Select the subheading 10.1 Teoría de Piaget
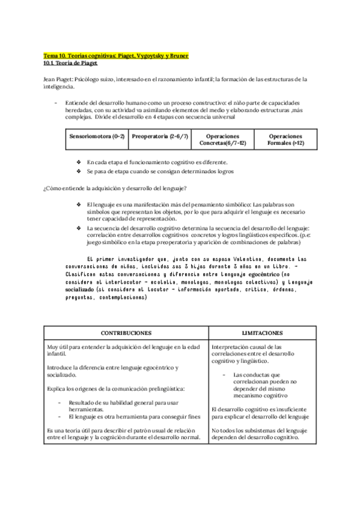point(71,63)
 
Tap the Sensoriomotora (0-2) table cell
point(96,137)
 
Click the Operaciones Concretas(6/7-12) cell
point(222,140)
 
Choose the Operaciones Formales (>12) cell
point(285,140)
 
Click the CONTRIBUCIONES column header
point(125,333)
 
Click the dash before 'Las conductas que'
point(224,375)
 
